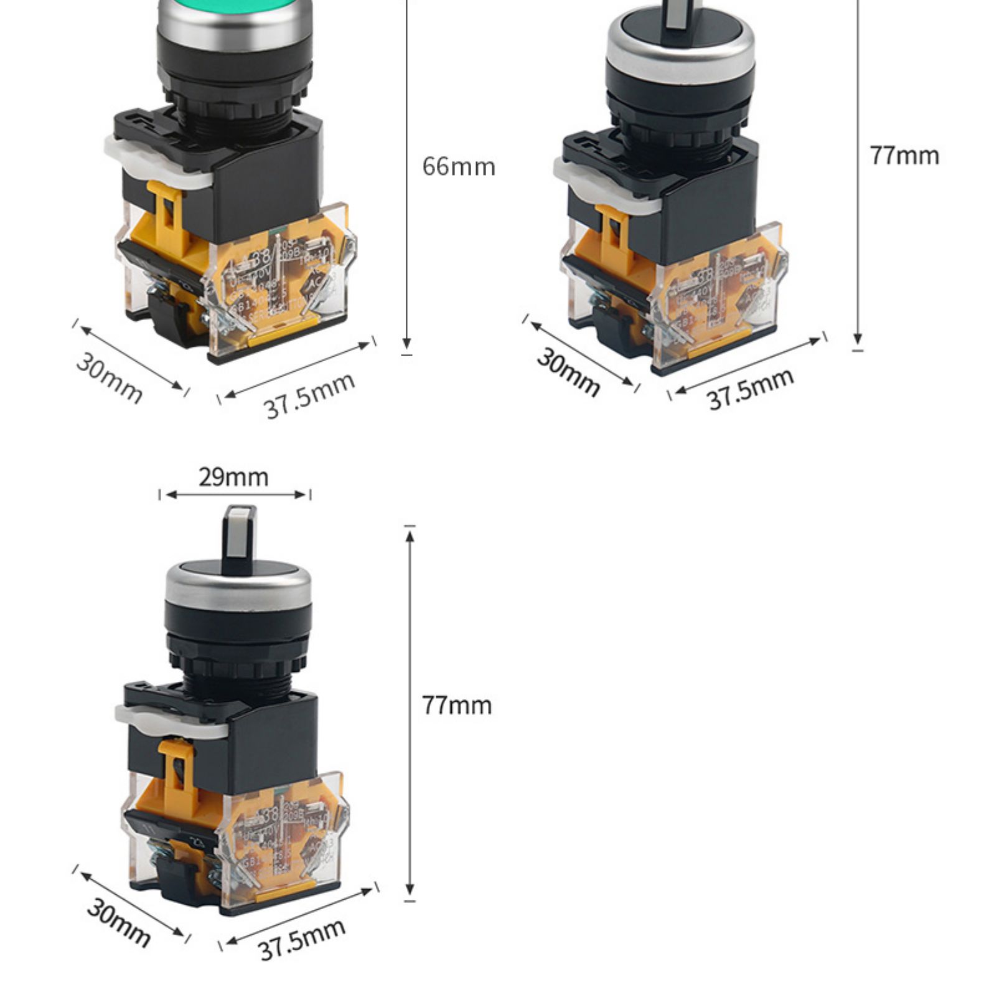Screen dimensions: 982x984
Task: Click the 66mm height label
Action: pos(459,167)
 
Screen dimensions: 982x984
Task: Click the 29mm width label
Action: pos(233,478)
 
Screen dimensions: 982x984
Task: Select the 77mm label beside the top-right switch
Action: pos(904,156)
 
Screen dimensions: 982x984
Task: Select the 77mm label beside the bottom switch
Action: pos(457,706)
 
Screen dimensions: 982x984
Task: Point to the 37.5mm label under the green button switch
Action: pos(309,395)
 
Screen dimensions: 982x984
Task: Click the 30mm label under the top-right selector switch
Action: pos(568,372)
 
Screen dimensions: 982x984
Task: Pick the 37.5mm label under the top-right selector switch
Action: pos(751,389)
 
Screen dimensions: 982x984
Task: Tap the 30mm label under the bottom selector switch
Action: pos(118,922)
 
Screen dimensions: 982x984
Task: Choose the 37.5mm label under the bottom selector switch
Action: pos(302,940)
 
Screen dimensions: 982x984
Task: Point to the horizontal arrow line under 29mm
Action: pos(235,495)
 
